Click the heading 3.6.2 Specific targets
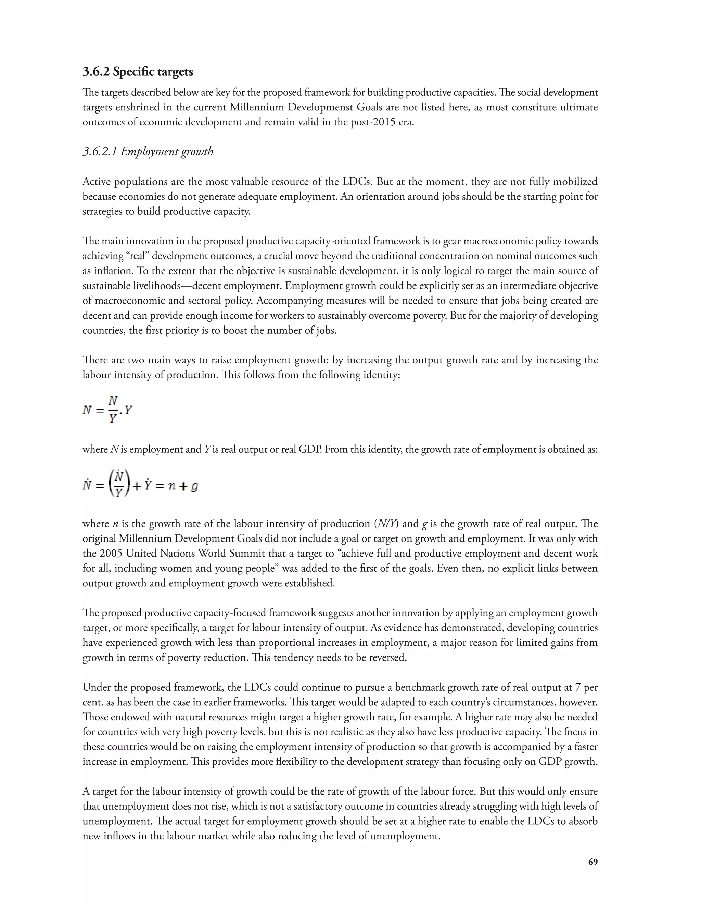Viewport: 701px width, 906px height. (138, 72)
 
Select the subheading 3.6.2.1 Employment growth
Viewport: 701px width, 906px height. (148, 151)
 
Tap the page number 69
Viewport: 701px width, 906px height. (592, 862)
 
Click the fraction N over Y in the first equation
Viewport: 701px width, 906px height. (113, 410)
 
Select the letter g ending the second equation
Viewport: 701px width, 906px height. (194, 486)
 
